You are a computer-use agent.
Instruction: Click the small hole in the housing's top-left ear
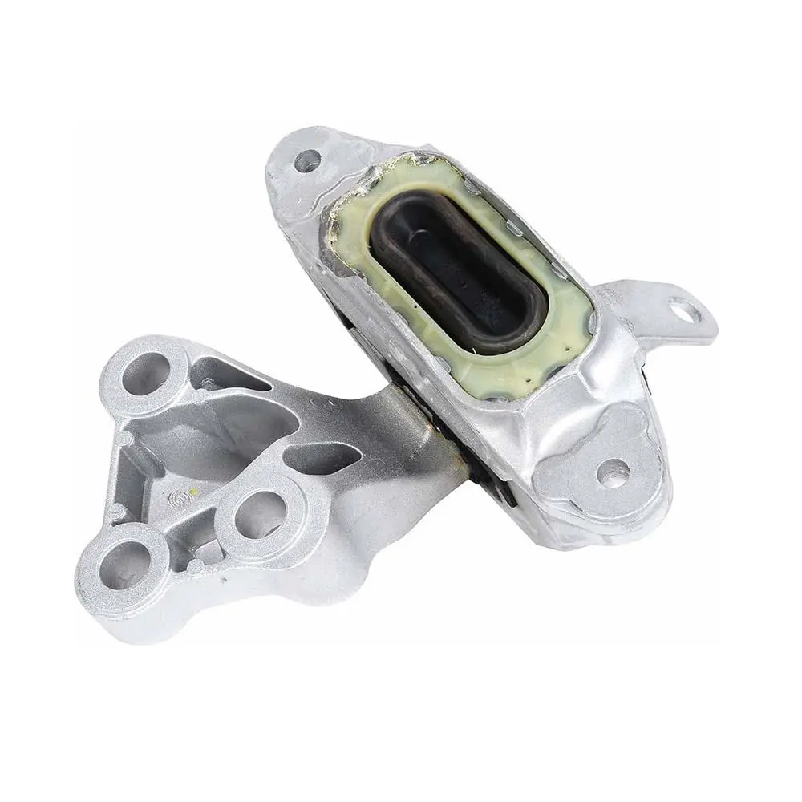[306, 163]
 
